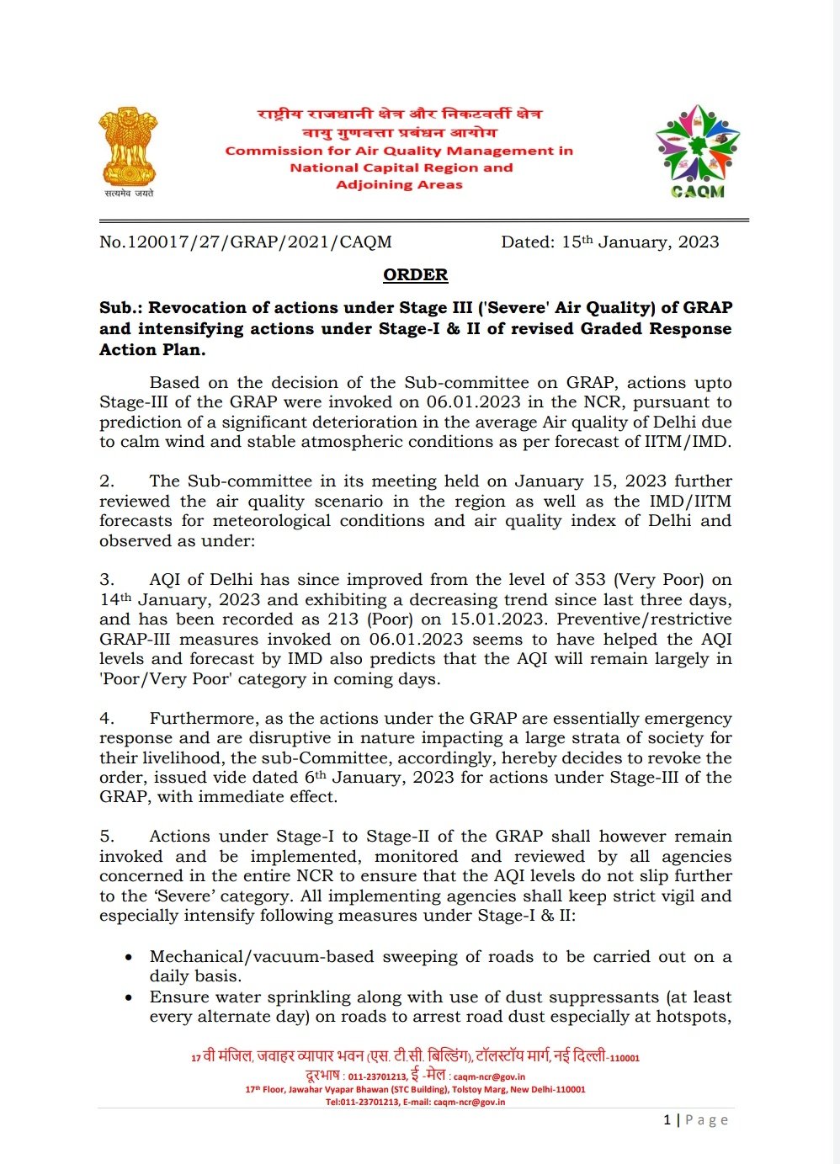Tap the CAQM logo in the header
tap(698, 151)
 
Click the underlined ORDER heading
tap(415, 275)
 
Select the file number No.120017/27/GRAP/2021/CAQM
tap(246, 242)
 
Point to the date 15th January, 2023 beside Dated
tap(640, 242)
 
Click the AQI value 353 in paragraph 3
tap(590, 580)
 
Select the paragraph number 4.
tap(107, 719)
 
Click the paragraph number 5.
tap(107, 837)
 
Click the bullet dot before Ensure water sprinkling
tap(128, 997)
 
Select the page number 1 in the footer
tap(667, 1119)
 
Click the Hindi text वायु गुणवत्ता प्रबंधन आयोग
tap(400, 132)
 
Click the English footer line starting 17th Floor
tap(415, 1089)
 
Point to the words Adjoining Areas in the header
tap(399, 184)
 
